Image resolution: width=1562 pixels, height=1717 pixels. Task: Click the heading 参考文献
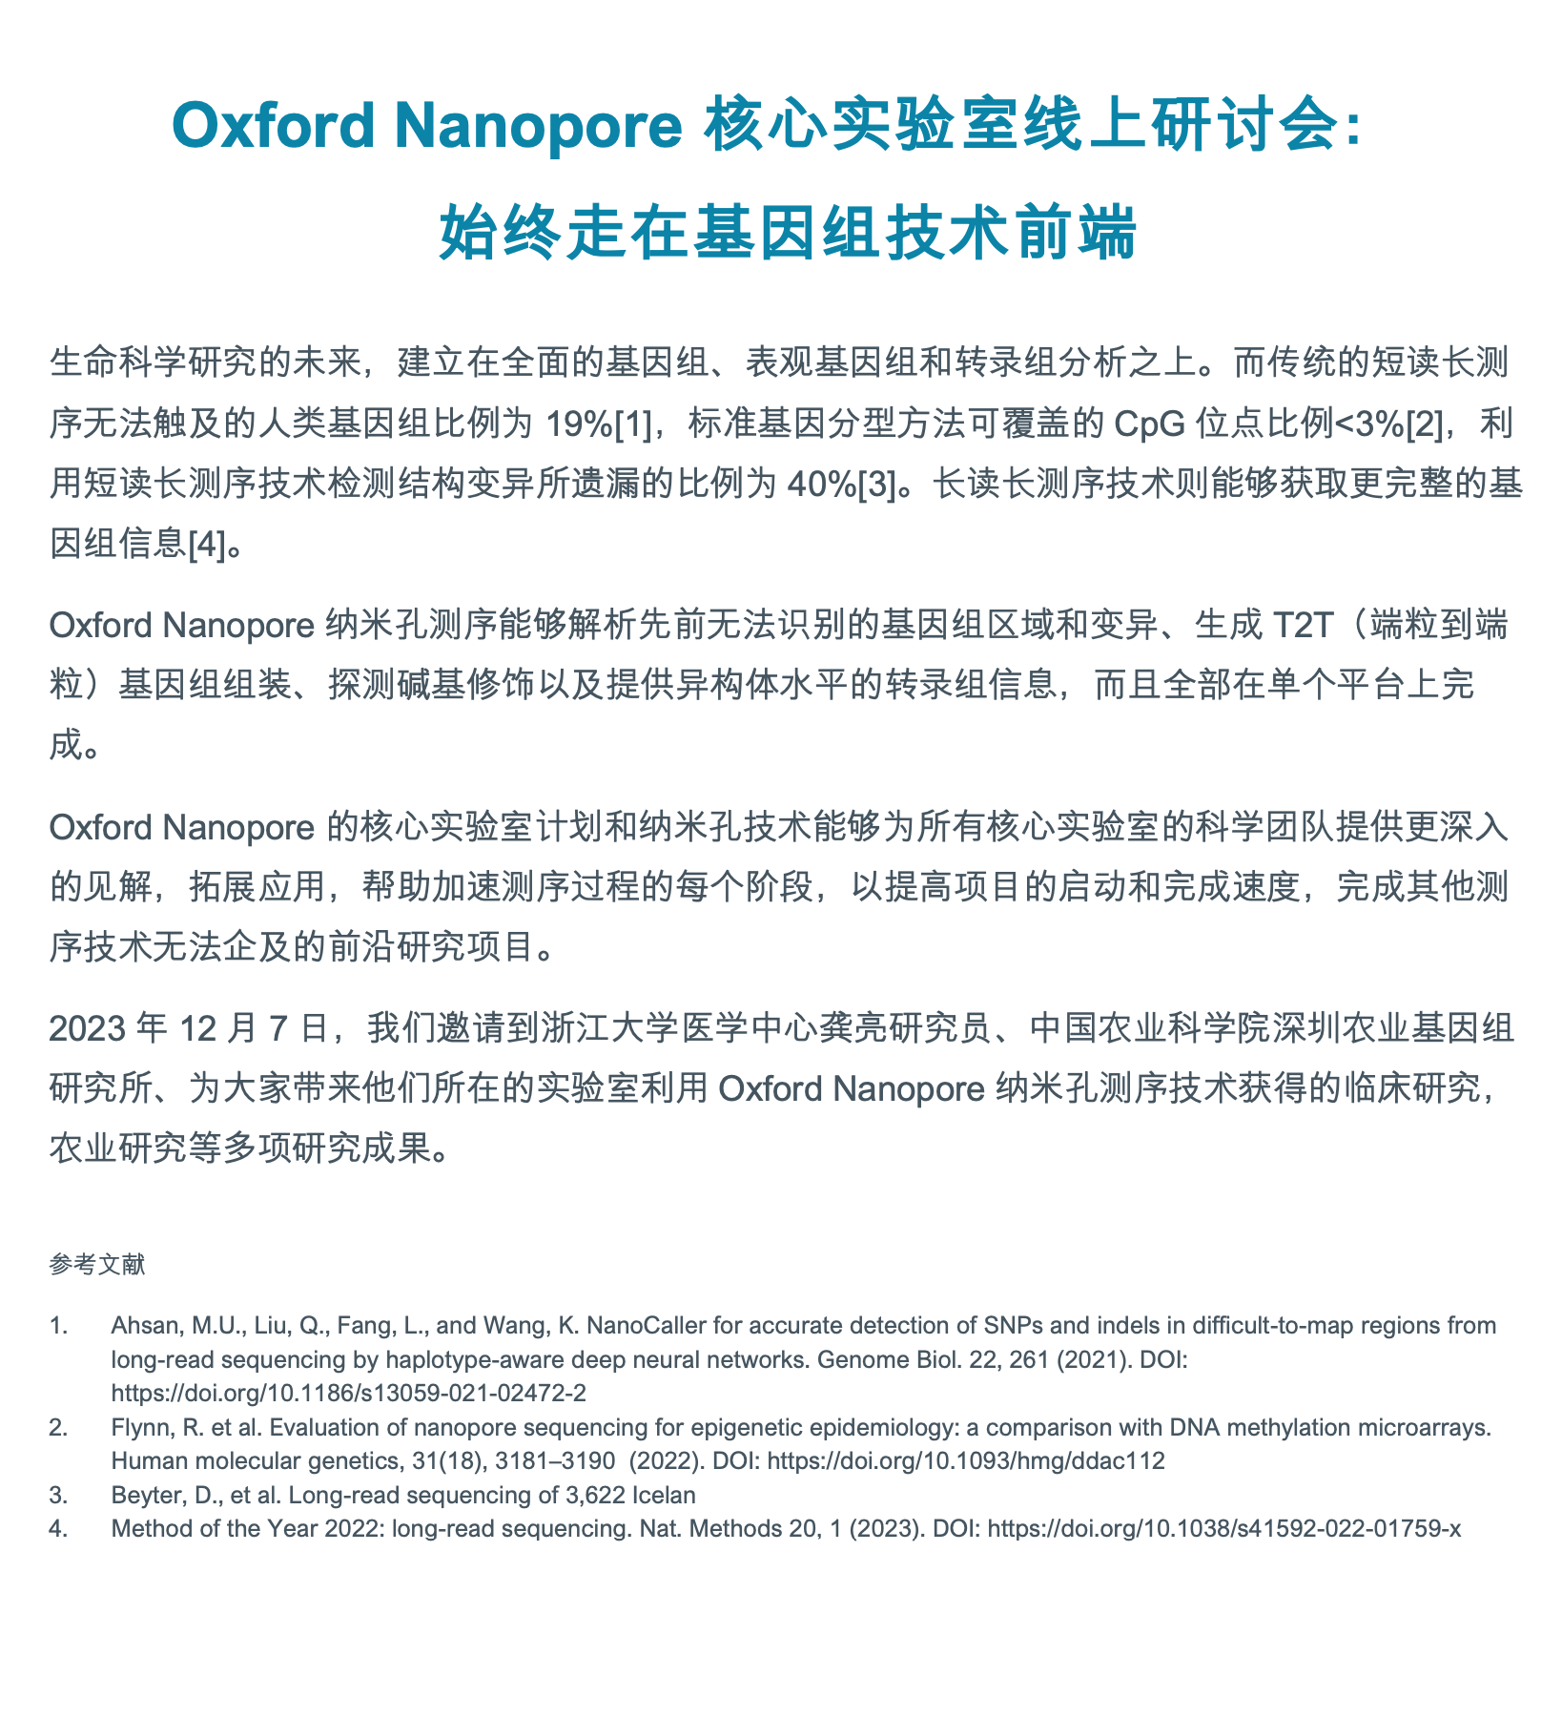pos(97,1266)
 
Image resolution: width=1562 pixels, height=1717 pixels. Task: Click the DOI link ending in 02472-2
pos(348,1393)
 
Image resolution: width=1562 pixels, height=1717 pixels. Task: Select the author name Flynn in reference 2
pos(139,1427)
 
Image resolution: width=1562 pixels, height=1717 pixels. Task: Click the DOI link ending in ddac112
pos(965,1460)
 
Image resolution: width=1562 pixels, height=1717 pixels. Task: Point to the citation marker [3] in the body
pos(877,485)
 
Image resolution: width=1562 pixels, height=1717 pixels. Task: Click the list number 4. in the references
pos(59,1528)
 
